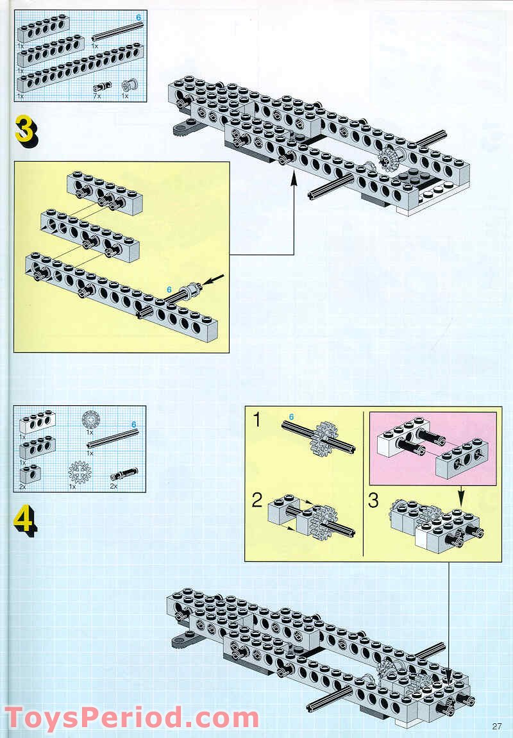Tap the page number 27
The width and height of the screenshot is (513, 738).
pyautogui.click(x=496, y=726)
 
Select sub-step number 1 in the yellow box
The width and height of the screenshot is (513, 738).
pyautogui.click(x=256, y=419)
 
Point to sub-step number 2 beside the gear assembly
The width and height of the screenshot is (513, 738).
pyautogui.click(x=257, y=499)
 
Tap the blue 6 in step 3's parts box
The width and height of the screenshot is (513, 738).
pyautogui.click(x=139, y=17)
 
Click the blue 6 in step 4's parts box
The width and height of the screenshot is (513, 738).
pyautogui.click(x=133, y=424)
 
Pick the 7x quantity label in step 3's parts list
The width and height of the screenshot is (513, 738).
pyautogui.click(x=97, y=96)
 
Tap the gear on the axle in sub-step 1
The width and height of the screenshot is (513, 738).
pyautogui.click(x=321, y=438)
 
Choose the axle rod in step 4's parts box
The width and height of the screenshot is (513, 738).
pyautogui.click(x=113, y=439)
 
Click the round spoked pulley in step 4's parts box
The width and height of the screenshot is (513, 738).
pyautogui.click(x=90, y=419)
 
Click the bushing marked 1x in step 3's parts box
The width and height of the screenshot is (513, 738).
pyautogui.click(x=129, y=85)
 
